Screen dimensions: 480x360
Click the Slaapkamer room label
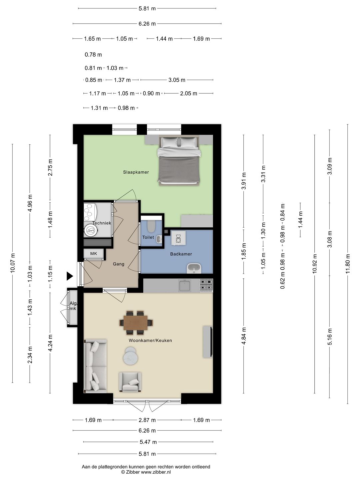point(136,172)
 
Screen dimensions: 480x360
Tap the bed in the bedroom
point(179,161)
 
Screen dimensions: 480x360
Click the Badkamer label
point(181,254)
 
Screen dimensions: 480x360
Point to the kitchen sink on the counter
point(184,286)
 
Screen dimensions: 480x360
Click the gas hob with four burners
point(206,286)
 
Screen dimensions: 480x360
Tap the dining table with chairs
point(136,322)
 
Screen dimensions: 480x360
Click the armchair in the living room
point(130,382)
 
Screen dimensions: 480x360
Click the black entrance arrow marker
point(69,276)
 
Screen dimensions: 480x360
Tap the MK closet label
point(94,254)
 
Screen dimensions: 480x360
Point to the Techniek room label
point(102,223)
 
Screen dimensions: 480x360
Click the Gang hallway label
point(118,264)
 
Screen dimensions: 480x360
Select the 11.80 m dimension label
point(348,264)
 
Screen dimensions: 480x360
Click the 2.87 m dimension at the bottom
point(147,420)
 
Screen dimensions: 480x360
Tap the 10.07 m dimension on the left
point(13,263)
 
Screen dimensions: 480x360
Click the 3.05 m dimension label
point(177,80)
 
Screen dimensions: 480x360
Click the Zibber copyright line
point(146,472)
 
